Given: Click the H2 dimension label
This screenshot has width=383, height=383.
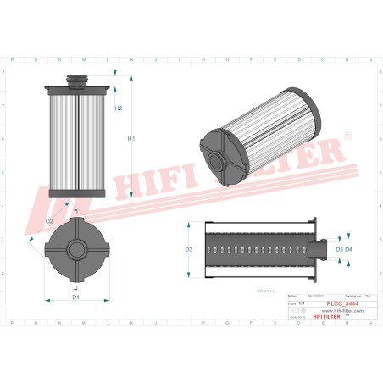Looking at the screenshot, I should [119, 108].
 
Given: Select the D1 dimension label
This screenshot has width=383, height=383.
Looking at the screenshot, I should [75, 297].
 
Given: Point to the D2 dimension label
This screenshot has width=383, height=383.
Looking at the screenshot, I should [50, 221].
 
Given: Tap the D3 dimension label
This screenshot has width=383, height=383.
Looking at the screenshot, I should [189, 250].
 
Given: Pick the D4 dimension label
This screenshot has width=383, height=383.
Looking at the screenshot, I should [348, 250].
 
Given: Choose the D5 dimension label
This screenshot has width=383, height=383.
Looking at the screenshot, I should [338, 250].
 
